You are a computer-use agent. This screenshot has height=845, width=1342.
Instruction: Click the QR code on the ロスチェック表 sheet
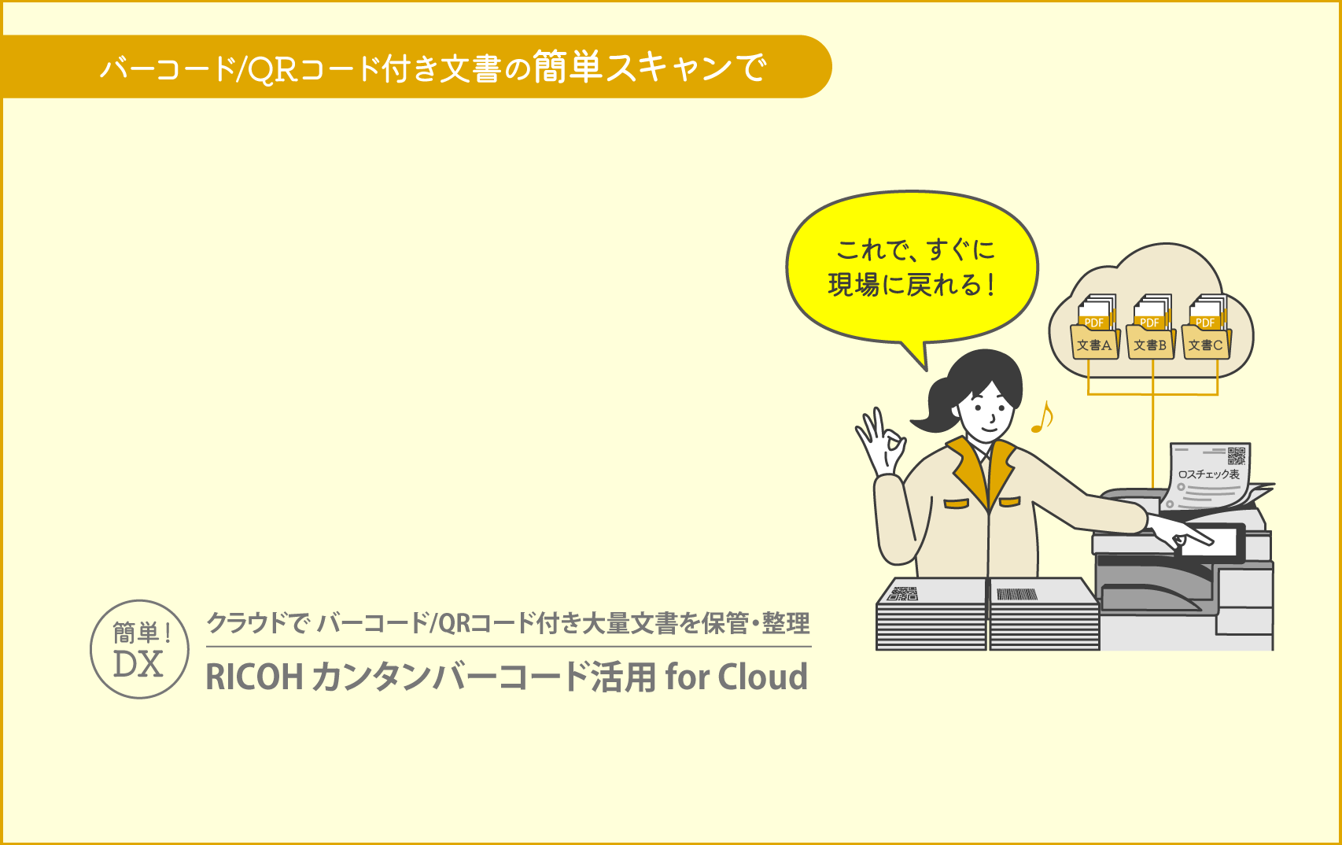pyautogui.click(x=1237, y=456)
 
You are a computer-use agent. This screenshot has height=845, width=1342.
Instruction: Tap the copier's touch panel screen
pyautogui.click(x=1209, y=543)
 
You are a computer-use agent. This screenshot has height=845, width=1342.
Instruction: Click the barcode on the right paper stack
pyautogui.click(x=1016, y=594)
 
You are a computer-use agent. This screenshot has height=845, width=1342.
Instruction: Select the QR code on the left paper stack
pyautogui.click(x=902, y=593)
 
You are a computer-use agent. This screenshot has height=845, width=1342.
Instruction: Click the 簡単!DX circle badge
pyautogui.click(x=139, y=649)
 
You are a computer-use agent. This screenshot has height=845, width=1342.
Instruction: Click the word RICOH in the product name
pyautogui.click(x=255, y=677)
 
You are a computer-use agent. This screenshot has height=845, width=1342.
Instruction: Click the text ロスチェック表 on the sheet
pyautogui.click(x=1208, y=474)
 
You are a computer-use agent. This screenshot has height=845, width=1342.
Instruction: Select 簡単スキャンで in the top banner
pyautogui.click(x=650, y=67)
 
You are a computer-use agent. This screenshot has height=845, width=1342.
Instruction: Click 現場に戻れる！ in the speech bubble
pyautogui.click(x=912, y=285)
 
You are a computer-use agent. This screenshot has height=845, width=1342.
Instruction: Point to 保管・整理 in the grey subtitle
pyautogui.click(x=756, y=623)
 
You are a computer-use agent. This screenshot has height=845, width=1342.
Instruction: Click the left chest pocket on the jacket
pyautogui.click(x=957, y=504)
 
